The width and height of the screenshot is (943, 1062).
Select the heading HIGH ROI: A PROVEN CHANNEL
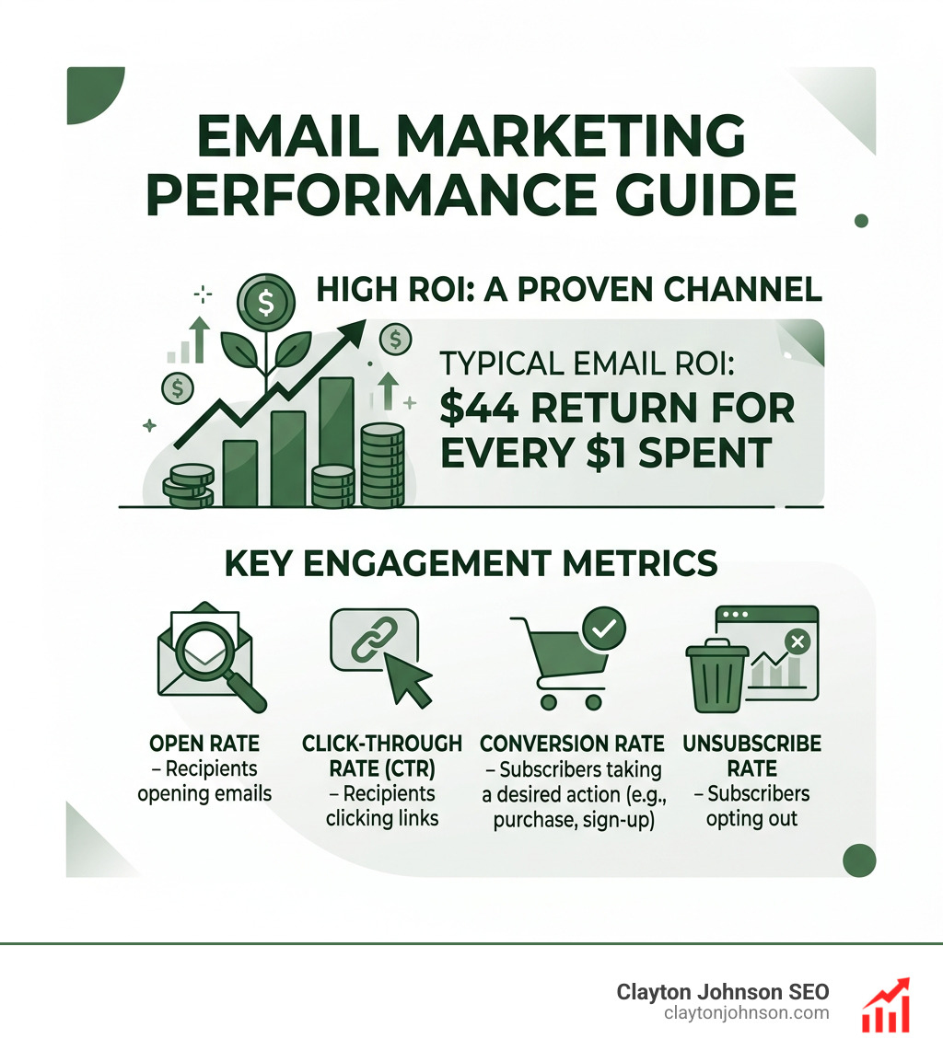[x=568, y=289]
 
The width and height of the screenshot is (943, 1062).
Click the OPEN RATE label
[x=204, y=744]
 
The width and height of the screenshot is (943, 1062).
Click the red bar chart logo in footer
[x=885, y=1004]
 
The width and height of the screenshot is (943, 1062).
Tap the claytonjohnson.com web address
[x=746, y=1013]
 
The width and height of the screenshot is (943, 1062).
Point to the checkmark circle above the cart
[x=604, y=629]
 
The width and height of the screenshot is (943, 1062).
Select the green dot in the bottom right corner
[x=858, y=860]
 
